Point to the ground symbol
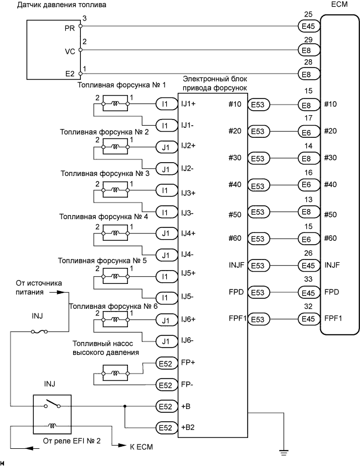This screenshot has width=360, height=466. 284,452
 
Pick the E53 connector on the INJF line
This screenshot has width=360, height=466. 258,265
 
